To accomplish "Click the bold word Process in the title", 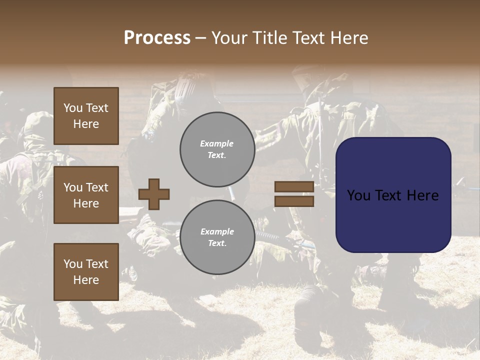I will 157,38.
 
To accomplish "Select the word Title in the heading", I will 272,38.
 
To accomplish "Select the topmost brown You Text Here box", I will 86,116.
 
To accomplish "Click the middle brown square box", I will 86,195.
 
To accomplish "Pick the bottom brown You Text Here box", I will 86,271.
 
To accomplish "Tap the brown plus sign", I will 154,194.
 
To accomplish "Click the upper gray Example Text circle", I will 217,149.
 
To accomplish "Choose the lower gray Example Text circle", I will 217,237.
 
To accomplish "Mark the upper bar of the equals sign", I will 294,186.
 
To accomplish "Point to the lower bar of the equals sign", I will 294,201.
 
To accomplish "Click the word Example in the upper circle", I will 217,143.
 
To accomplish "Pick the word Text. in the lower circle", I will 217,243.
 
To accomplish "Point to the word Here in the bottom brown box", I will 86,280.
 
